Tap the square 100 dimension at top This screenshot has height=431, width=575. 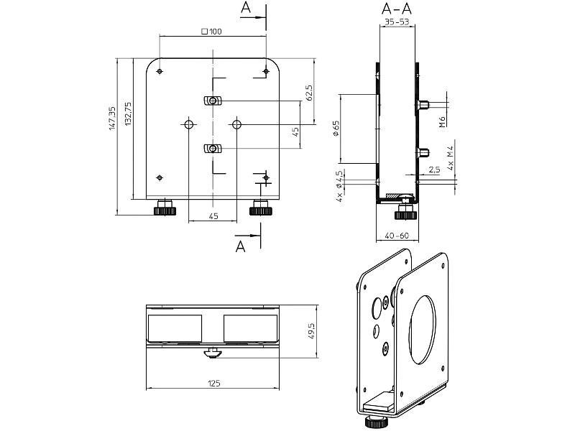pos(212,32)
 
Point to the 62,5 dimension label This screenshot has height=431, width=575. pos(308,93)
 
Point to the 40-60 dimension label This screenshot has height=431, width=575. pos(396,236)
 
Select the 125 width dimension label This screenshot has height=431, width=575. pos(213,384)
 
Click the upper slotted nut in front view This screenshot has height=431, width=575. pos(212,100)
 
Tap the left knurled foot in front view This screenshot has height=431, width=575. pos(165,209)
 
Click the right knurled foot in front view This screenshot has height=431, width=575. pos(259,210)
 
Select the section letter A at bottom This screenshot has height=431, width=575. pos(241,246)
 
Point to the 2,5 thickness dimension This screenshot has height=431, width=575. pos(434,170)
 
